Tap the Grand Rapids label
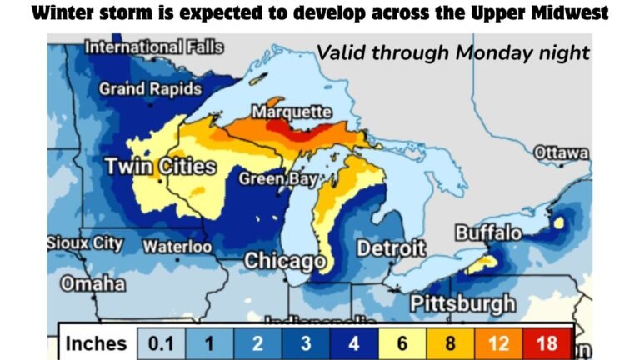coord(150,88)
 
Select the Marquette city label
coord(292,112)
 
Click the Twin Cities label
coord(160,167)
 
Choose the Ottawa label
coord(561,153)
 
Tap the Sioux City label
coord(85,244)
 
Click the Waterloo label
coord(177,247)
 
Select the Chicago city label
coord(284,262)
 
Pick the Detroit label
coord(391,248)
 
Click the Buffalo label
coord(488,233)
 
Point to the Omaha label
coord(92,284)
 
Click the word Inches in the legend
coord(96,343)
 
